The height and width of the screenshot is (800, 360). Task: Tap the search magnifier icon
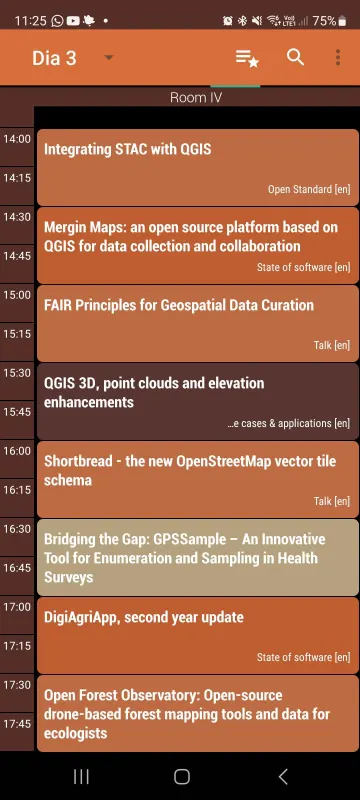tap(295, 57)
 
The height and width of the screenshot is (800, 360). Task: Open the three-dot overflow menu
tap(338, 57)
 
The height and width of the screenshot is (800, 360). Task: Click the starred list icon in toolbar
tap(247, 57)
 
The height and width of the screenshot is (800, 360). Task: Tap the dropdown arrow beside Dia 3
tap(109, 58)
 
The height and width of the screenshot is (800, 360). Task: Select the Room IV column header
tap(196, 98)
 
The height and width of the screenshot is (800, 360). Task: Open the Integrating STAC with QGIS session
tap(128, 150)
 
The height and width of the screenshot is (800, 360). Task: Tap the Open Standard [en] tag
tap(308, 189)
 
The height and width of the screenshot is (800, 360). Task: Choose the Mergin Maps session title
tap(190, 237)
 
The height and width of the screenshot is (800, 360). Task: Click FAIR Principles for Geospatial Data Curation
tap(179, 305)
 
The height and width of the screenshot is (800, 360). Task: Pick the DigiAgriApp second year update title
tap(144, 617)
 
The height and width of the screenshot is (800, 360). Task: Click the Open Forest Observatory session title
tap(186, 714)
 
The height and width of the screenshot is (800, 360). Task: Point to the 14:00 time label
tap(17, 139)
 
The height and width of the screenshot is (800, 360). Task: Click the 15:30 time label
tap(17, 373)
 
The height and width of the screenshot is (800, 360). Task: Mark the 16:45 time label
tap(17, 567)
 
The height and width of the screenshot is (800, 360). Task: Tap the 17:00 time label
tap(17, 607)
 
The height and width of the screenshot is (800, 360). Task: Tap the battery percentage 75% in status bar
tap(323, 20)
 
